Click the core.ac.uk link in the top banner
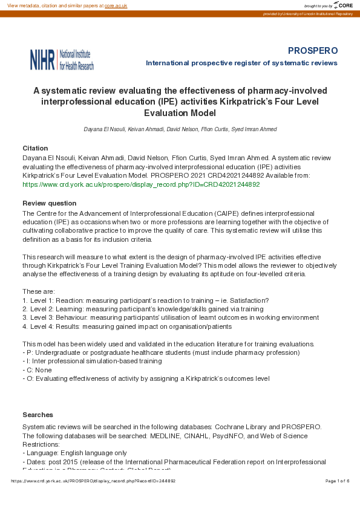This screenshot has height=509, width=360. point(116,5)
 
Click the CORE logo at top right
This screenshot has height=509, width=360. point(342,5)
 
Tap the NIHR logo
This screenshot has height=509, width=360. point(62,59)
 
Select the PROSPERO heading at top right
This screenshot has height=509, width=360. point(312,50)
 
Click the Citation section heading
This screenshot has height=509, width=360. point(35,148)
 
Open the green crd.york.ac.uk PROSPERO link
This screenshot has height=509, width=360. point(141,184)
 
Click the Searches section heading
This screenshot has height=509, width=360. point(38,415)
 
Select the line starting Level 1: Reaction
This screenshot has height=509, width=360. point(145,300)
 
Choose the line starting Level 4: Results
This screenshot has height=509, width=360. point(127,326)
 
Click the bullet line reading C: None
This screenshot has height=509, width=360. point(38,370)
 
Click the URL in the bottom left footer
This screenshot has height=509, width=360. point(93,481)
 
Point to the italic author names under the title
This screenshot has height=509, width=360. point(180,129)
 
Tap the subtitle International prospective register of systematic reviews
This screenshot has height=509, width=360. point(241,63)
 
